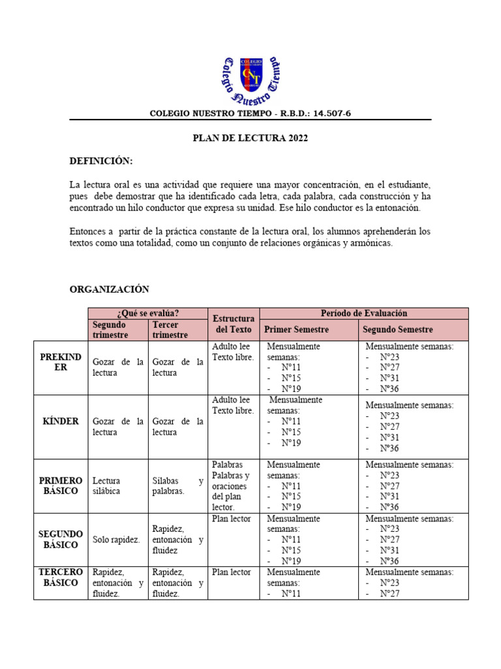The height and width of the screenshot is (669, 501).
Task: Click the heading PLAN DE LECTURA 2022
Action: tap(250, 139)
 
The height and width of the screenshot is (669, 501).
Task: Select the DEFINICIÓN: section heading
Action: tap(101, 161)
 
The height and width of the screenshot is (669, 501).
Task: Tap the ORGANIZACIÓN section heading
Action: tap(110, 289)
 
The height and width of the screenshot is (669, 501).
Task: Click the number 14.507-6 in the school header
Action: tap(332, 113)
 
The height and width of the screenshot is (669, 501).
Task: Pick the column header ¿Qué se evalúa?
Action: tap(148, 313)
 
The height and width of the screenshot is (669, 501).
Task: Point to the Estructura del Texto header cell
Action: tap(233, 324)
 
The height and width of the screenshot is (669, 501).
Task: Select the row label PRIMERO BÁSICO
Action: tap(61, 485)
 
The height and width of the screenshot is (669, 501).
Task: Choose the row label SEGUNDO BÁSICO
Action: tap(61, 540)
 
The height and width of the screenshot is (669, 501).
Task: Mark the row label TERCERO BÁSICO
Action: tap(61, 578)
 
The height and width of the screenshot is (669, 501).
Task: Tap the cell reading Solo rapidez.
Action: tap(116, 540)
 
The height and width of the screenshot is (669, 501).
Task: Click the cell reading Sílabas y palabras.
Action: tap(177, 486)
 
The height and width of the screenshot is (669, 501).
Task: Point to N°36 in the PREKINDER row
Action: tap(389, 389)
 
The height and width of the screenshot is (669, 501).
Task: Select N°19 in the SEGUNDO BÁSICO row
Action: tap(291, 561)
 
